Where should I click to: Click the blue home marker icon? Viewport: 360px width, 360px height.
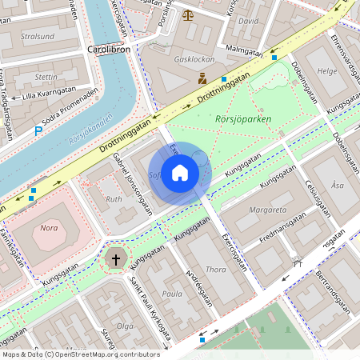[x=180, y=172]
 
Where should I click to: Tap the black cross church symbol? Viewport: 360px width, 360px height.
[x=116, y=259]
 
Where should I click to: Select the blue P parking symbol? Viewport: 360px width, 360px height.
[x=38, y=131]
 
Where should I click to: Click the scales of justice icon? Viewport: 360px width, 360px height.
[x=188, y=14]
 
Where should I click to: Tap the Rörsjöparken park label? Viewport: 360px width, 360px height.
[x=244, y=119]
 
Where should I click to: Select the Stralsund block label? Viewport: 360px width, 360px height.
[x=38, y=36]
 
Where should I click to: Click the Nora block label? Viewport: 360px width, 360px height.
[x=49, y=228]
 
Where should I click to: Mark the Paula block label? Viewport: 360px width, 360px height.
[x=172, y=294]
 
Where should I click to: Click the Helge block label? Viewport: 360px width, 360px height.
[x=327, y=71]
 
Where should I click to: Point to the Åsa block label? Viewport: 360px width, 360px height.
[x=338, y=185]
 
